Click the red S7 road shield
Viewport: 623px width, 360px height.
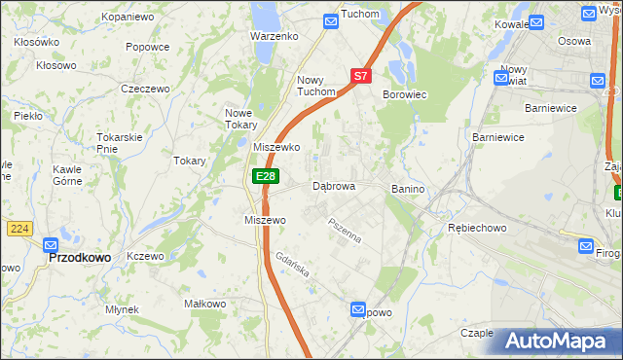361,75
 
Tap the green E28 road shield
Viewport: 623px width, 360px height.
265,176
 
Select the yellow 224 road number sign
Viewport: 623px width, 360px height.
18,229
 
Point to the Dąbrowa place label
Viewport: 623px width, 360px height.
333,185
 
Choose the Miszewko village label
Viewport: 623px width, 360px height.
275,147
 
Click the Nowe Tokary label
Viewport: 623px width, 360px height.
240,118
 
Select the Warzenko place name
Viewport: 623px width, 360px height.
274,36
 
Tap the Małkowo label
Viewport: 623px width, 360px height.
205,305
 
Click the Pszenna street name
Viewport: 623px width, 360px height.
345,232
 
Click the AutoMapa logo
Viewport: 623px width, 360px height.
556,341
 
